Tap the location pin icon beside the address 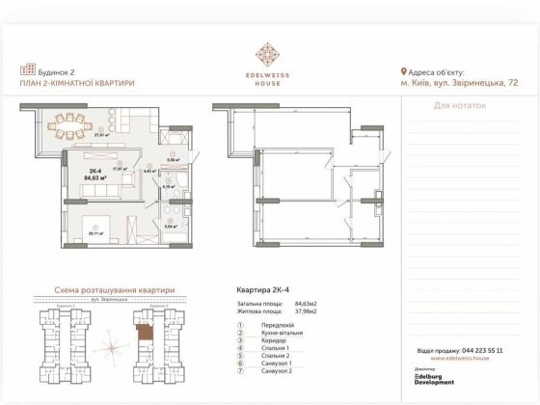(403, 71)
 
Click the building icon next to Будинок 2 (26, 70)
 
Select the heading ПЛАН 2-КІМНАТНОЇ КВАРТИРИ (76, 84)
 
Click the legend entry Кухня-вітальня (281, 334)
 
